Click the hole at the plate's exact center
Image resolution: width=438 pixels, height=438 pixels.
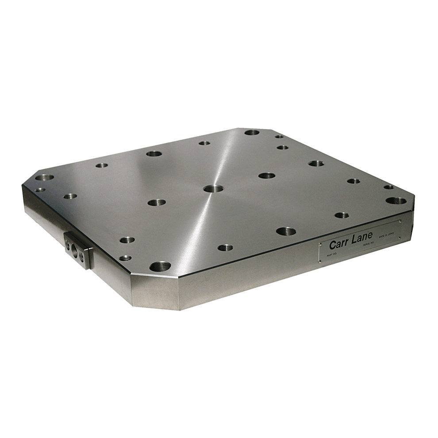click(x=213, y=189)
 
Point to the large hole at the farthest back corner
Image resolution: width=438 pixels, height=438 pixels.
click(x=252, y=132)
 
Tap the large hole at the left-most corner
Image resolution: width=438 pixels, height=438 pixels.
click(x=45, y=178)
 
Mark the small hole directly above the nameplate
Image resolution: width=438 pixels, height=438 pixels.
click(x=341, y=215)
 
